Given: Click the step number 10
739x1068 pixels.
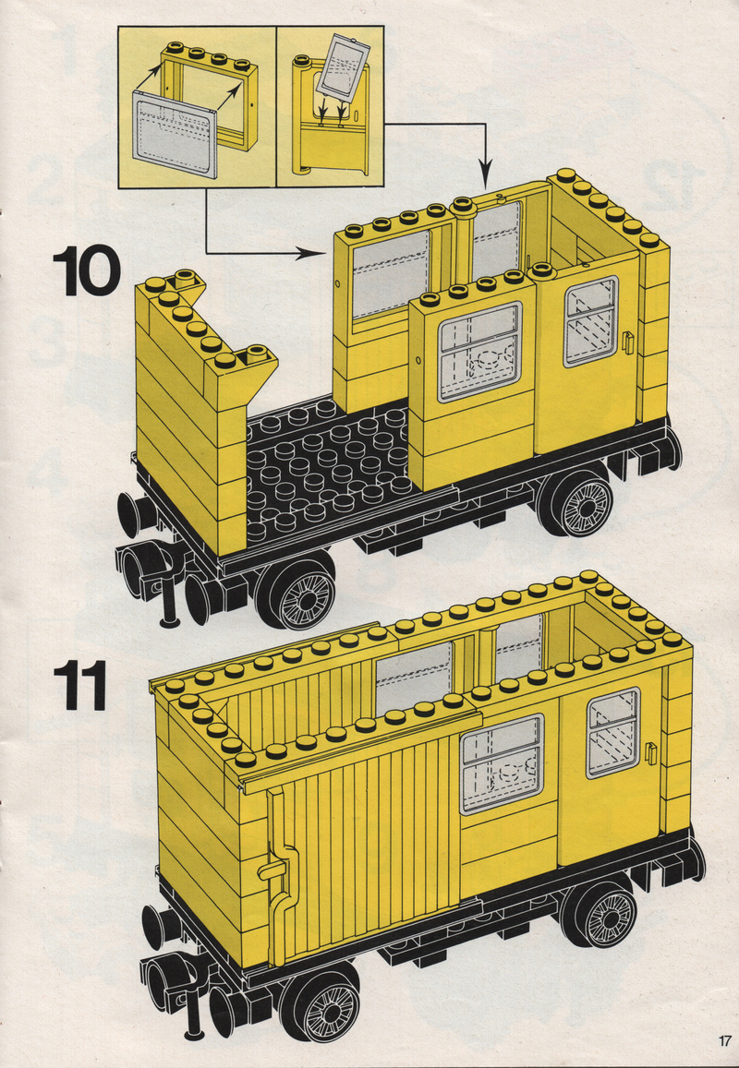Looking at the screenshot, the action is tap(86, 270).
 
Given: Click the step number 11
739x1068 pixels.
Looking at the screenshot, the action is tap(79, 685).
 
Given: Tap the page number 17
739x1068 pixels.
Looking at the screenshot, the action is tap(724, 1040).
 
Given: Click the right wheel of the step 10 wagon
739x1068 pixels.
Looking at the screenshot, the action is tap(576, 503).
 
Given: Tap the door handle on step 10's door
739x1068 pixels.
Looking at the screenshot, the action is tap(627, 342).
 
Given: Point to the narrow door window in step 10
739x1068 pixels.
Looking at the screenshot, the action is tap(590, 321).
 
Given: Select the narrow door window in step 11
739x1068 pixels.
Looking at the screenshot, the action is tap(612, 733).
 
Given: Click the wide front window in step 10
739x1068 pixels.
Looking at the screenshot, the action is tap(479, 352).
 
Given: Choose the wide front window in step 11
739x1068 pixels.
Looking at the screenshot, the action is tap(503, 763).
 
